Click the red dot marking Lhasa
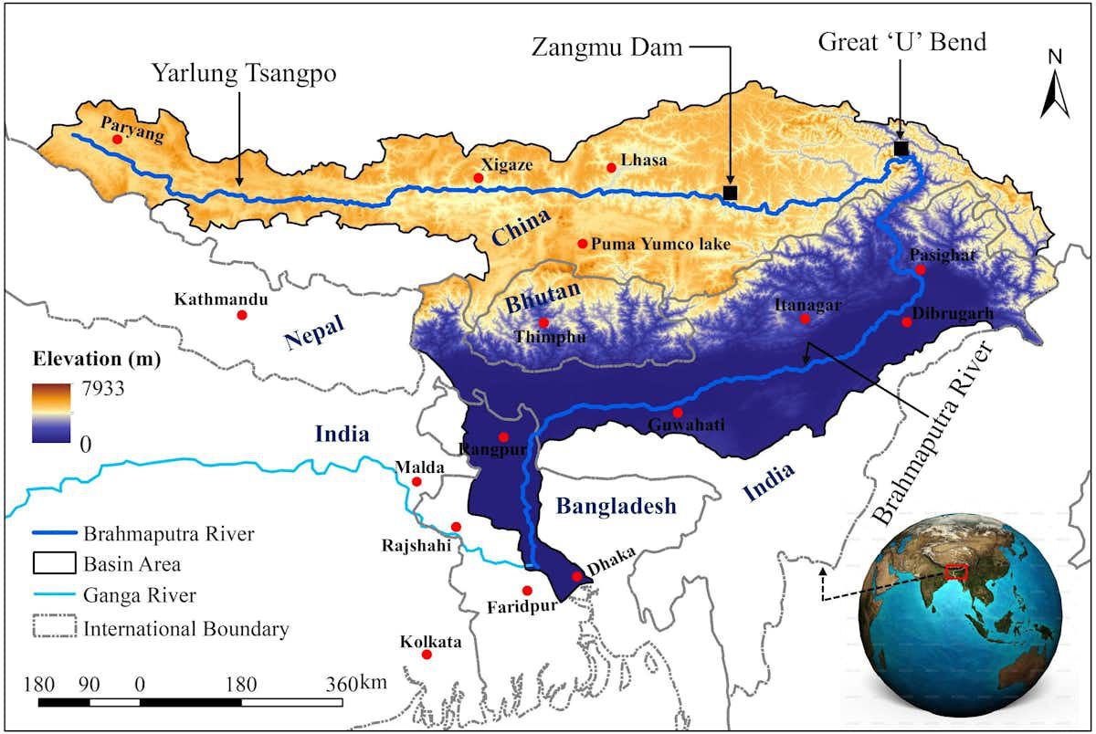611,168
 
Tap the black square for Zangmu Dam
730,192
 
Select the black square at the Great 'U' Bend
901,148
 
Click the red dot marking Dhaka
575,576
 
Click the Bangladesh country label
616,507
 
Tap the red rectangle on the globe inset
956,572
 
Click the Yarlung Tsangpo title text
245,74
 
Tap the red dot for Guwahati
677,413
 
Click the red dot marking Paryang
117,140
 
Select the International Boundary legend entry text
186,629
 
